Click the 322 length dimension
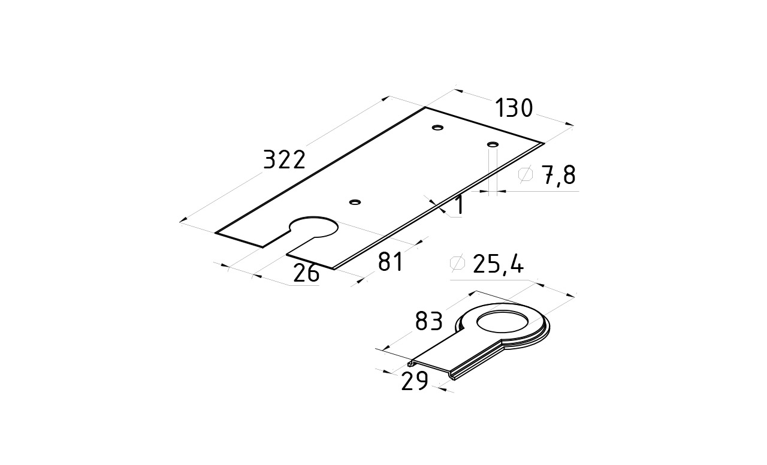pyautogui.click(x=284, y=160)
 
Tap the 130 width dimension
pyautogui.click(x=514, y=108)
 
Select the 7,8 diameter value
pyautogui.click(x=558, y=176)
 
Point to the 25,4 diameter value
pyautogui.click(x=498, y=264)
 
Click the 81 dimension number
pyautogui.click(x=390, y=262)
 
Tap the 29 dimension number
pyautogui.click(x=415, y=381)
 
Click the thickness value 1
pyautogui.click(x=459, y=205)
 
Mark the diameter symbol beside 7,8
pyautogui.click(x=526, y=174)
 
